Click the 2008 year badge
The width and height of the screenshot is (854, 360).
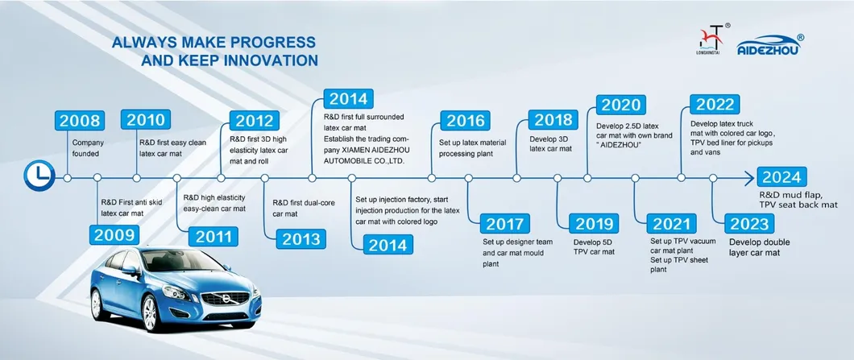pyautogui.click(x=80, y=120)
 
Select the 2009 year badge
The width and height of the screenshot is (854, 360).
pyautogui.click(x=114, y=235)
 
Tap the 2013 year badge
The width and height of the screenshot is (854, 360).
pyautogui.click(x=301, y=239)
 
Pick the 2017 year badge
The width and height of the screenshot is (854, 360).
pyautogui.click(x=504, y=223)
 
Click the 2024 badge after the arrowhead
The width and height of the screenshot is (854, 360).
pyautogui.click(x=781, y=177)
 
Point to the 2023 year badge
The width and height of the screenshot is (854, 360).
pyautogui.click(x=749, y=223)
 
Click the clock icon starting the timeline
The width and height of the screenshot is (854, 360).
pyautogui.click(x=39, y=176)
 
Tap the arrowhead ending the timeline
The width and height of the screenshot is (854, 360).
pyautogui.click(x=749, y=178)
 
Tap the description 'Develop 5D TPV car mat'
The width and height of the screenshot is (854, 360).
pyautogui.click(x=594, y=246)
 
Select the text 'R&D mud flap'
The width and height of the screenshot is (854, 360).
pyautogui.click(x=785, y=194)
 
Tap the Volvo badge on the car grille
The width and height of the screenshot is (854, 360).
pyautogui.click(x=225, y=298)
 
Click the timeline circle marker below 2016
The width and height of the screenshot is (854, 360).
pyautogui.click(x=432, y=178)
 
